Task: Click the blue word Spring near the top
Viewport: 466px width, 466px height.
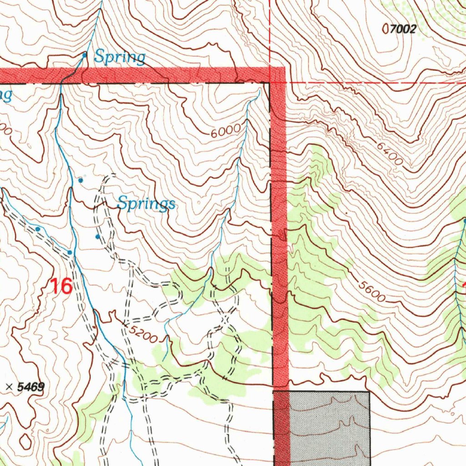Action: [x=120, y=57]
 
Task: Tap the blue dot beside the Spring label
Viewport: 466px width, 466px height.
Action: [x=85, y=55]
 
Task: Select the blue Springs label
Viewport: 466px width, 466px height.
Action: [x=146, y=203]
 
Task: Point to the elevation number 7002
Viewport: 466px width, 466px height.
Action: [x=403, y=30]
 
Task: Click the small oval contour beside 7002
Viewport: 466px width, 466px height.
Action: [x=387, y=30]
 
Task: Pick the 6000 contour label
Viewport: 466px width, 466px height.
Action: [x=225, y=131]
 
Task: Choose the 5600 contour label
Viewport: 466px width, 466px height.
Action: [x=371, y=291]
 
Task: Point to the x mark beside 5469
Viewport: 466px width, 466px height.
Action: [x=9, y=387]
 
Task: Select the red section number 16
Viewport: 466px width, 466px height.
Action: [x=61, y=286]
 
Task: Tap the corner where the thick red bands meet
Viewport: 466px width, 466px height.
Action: [x=278, y=75]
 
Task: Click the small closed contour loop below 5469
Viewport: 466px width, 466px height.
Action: [x=26, y=441]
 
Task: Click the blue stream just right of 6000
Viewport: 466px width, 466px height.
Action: [x=246, y=127]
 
